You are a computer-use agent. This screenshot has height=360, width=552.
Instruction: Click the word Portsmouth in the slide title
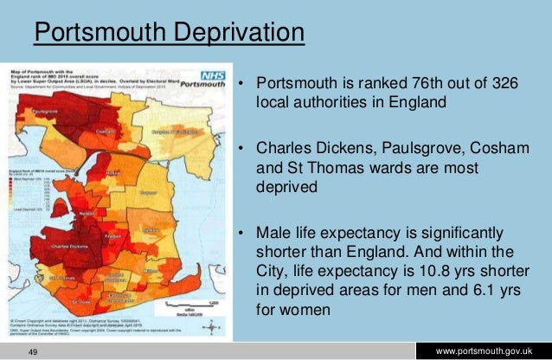(93, 35)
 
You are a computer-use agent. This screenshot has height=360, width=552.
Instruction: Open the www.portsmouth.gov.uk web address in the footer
(491, 350)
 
